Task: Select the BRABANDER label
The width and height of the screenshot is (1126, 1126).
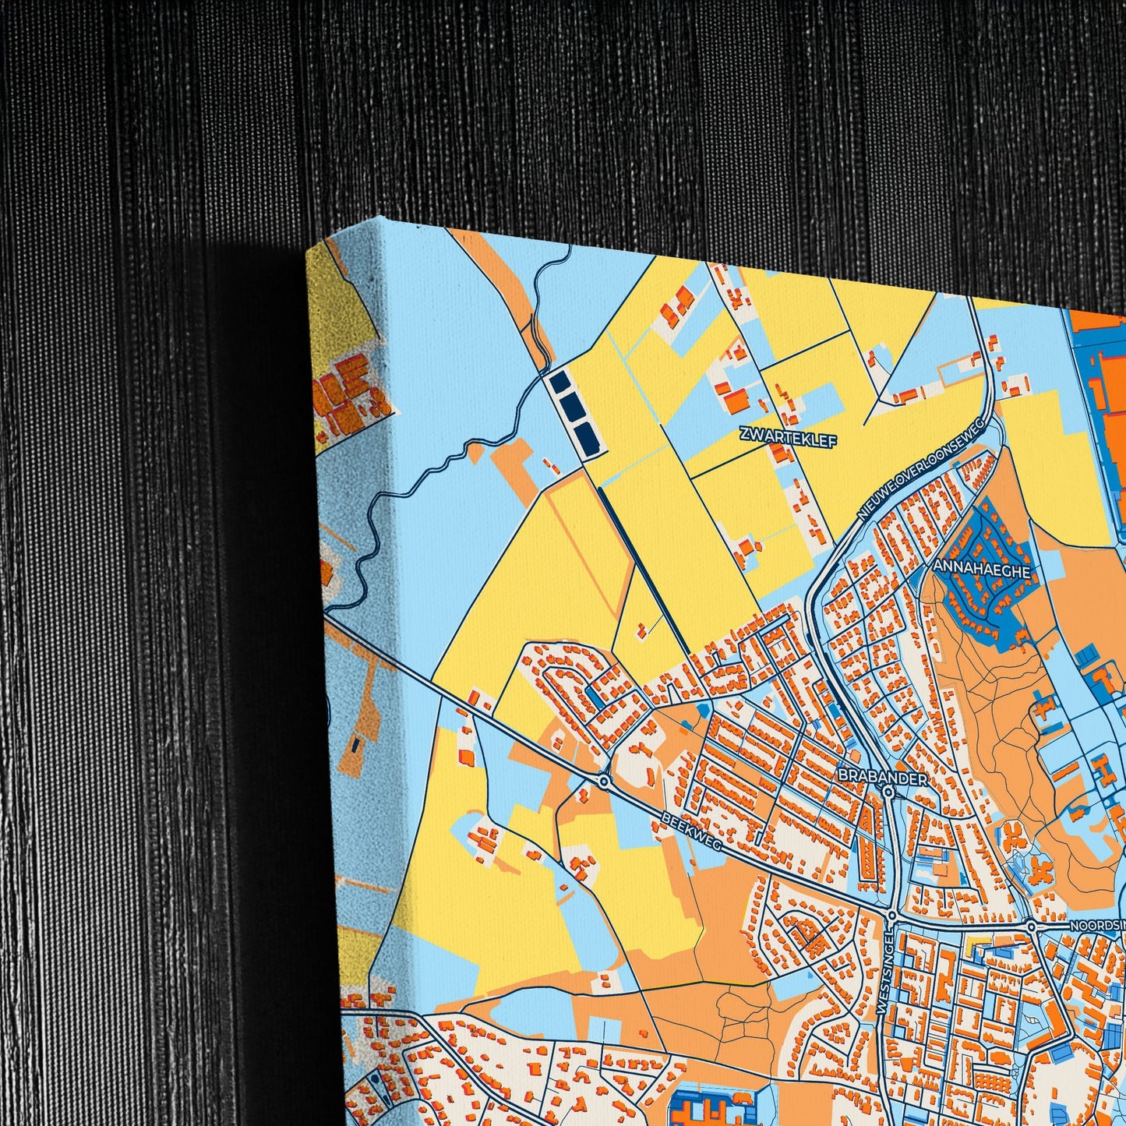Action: click(883, 778)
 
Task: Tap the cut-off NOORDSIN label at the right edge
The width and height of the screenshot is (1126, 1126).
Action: click(1098, 926)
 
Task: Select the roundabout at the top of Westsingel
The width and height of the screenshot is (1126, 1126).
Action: click(891, 916)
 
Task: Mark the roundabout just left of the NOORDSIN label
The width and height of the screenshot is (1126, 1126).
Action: click(1032, 927)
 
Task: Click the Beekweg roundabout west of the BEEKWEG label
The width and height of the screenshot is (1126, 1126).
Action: click(603, 779)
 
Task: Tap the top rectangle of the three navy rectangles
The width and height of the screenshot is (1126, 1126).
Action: click(559, 383)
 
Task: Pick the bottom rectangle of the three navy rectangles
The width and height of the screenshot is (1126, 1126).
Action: click(589, 439)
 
